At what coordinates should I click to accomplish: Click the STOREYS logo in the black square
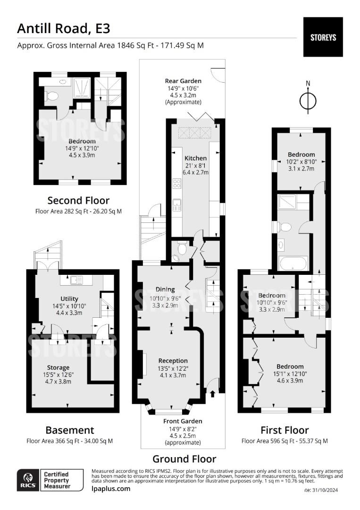click(323, 37)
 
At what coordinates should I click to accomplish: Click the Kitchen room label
click(195, 158)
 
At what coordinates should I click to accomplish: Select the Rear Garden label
click(183, 81)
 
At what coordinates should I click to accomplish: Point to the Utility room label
click(69, 298)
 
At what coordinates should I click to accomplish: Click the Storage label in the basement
click(58, 367)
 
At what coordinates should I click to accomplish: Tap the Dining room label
click(165, 289)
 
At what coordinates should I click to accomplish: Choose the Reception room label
click(173, 361)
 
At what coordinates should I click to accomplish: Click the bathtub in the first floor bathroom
click(293, 263)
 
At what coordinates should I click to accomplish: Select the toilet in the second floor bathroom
click(52, 96)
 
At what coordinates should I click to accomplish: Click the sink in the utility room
click(75, 280)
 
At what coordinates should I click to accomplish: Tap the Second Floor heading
click(78, 200)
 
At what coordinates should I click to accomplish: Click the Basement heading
click(69, 430)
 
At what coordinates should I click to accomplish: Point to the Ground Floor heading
click(184, 459)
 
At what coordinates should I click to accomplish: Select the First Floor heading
click(285, 430)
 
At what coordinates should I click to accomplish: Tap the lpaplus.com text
click(110, 489)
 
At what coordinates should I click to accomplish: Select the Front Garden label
click(183, 421)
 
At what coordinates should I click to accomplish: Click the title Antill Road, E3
click(64, 28)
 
